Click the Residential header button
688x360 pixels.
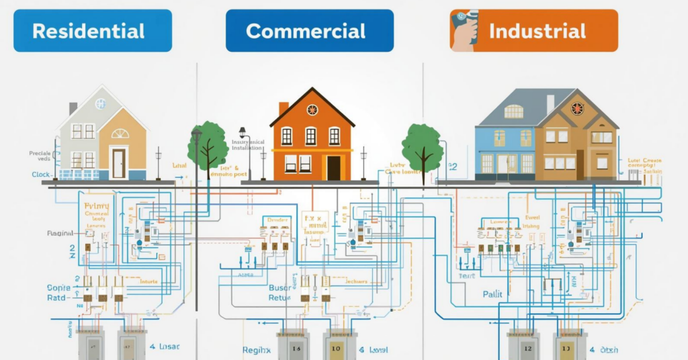click(x=92, y=31)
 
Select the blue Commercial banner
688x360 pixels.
click(x=310, y=31)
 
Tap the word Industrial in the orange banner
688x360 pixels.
click(x=537, y=31)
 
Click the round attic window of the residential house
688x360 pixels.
click(x=100, y=103)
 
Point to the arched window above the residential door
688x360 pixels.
click(x=120, y=133)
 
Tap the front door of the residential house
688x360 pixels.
click(x=118, y=163)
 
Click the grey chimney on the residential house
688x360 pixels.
click(x=73, y=108)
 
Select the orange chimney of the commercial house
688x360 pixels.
click(x=284, y=109)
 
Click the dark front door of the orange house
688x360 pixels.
click(x=333, y=167)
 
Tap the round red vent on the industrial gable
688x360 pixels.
click(x=577, y=108)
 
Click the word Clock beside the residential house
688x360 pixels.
click(x=40, y=175)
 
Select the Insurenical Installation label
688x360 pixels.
click(x=248, y=146)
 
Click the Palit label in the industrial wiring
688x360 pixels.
click(x=492, y=294)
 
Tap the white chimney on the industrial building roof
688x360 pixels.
click(x=550, y=103)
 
